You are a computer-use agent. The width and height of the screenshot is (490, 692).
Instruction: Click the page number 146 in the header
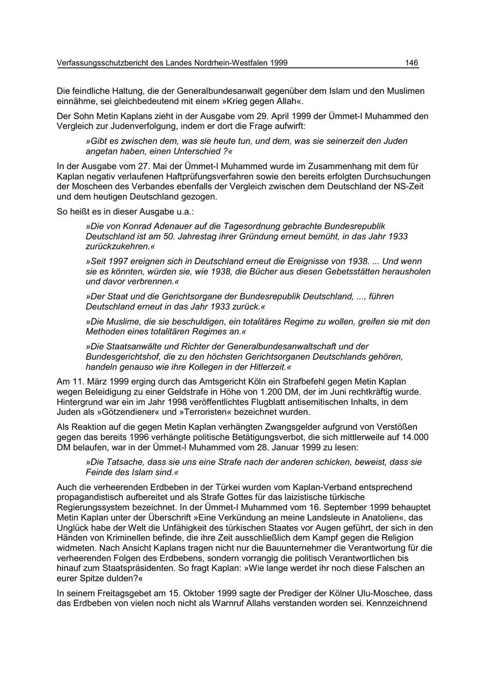412,63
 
